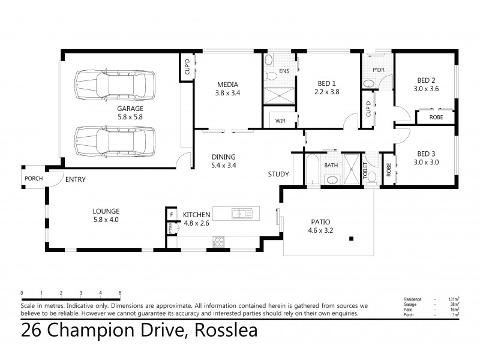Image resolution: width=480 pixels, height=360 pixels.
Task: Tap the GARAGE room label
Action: click(130, 109)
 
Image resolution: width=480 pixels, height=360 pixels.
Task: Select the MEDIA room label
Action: click(227, 84)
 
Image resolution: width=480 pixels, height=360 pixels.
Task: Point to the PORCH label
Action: click(32, 179)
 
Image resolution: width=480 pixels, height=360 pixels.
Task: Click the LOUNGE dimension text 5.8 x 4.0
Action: click(106, 220)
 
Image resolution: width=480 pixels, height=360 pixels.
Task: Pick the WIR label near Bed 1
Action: click(280, 121)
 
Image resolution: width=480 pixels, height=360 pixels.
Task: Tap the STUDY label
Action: click(278, 175)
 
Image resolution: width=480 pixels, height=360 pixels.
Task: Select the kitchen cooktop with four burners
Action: click(219, 242)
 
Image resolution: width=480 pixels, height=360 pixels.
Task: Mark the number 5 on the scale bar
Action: click(120, 293)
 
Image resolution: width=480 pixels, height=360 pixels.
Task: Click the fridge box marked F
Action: click(172, 214)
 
